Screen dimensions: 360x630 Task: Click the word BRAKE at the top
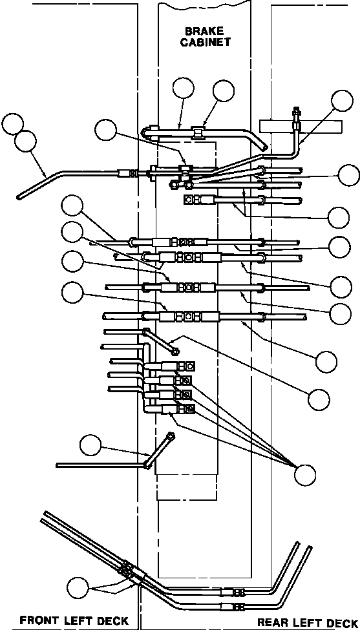[x=205, y=32]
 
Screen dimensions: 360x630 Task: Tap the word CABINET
[x=205, y=43]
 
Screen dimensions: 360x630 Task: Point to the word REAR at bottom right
[x=272, y=623]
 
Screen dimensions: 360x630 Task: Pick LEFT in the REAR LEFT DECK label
[x=307, y=623]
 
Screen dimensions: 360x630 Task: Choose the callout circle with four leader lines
[x=305, y=475]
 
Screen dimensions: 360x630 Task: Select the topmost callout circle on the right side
[x=343, y=101]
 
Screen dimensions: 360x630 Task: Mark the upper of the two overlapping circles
[x=12, y=124]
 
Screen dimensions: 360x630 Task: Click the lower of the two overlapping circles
[x=25, y=142]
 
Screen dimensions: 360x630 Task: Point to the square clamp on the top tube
[x=198, y=132]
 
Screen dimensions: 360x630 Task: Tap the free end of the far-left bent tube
[x=19, y=197]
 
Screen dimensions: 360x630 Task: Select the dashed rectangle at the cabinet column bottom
[x=187, y=487]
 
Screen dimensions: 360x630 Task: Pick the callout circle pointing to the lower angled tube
[x=90, y=445]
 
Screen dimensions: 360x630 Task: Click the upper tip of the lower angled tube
[x=171, y=435]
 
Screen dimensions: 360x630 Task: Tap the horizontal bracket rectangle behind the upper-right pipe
[x=301, y=126]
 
